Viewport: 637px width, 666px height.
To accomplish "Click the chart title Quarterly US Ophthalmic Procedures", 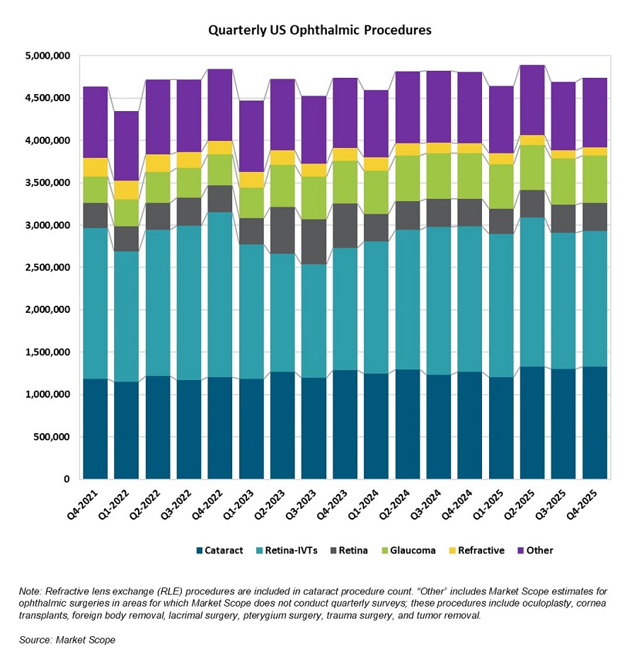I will (319, 30).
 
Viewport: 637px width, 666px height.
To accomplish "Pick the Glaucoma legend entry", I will (413, 550).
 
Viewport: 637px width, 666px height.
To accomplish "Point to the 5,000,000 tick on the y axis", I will (47, 56).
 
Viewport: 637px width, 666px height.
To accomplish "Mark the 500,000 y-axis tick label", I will (51, 437).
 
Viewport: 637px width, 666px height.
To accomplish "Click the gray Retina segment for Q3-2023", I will (314, 241).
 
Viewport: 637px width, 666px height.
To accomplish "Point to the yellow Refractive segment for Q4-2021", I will (96, 167).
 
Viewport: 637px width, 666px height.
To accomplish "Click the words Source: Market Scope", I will (67, 640).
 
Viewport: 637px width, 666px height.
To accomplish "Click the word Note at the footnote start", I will (30, 590).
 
